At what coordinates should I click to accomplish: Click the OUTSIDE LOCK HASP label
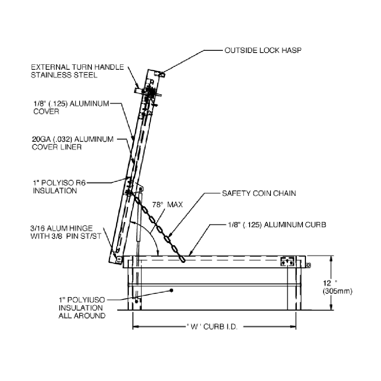[x=263, y=50]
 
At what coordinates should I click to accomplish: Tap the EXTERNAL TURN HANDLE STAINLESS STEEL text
[x=77, y=71]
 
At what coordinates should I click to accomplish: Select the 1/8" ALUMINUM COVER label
[x=71, y=107]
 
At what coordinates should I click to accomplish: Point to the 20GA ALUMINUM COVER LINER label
[x=73, y=143]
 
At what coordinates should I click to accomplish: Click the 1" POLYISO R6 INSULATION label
[x=59, y=187]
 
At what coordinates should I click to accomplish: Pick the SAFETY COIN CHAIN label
[x=259, y=193]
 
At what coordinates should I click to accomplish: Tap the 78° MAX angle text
[x=167, y=205]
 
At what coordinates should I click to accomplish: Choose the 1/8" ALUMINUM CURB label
[x=277, y=225]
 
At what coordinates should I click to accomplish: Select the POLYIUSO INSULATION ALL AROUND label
[x=82, y=307]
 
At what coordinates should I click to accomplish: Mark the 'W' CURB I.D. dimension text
[x=212, y=327]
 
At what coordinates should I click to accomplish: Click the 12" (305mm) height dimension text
[x=338, y=287]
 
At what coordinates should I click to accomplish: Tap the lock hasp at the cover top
[x=162, y=74]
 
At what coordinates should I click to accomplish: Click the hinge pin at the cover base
[x=119, y=259]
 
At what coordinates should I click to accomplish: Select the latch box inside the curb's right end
[x=287, y=262]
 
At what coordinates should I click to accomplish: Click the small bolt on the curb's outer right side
[x=308, y=265]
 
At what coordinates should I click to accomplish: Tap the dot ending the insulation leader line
[x=171, y=290]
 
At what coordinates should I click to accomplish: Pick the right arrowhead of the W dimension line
[x=293, y=327]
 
